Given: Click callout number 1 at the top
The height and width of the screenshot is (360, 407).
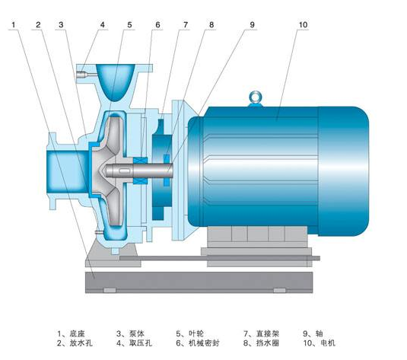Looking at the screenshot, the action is (x=14, y=25).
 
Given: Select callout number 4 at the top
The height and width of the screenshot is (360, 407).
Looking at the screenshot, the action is (x=102, y=25).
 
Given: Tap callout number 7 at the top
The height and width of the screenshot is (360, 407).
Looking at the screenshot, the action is (x=186, y=25).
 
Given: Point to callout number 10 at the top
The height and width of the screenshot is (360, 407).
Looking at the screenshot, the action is (x=303, y=25).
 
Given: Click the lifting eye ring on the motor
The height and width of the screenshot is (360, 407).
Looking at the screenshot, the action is (x=256, y=97).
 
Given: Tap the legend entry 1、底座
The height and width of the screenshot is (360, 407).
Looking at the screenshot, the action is (x=71, y=333).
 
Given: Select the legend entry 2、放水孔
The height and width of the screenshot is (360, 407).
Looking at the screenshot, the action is (x=75, y=343).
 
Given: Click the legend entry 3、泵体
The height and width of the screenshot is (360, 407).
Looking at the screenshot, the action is (x=130, y=333).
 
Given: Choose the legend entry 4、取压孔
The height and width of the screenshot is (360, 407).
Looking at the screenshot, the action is (x=134, y=343).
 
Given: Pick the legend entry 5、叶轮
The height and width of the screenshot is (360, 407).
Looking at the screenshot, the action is (x=189, y=333).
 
